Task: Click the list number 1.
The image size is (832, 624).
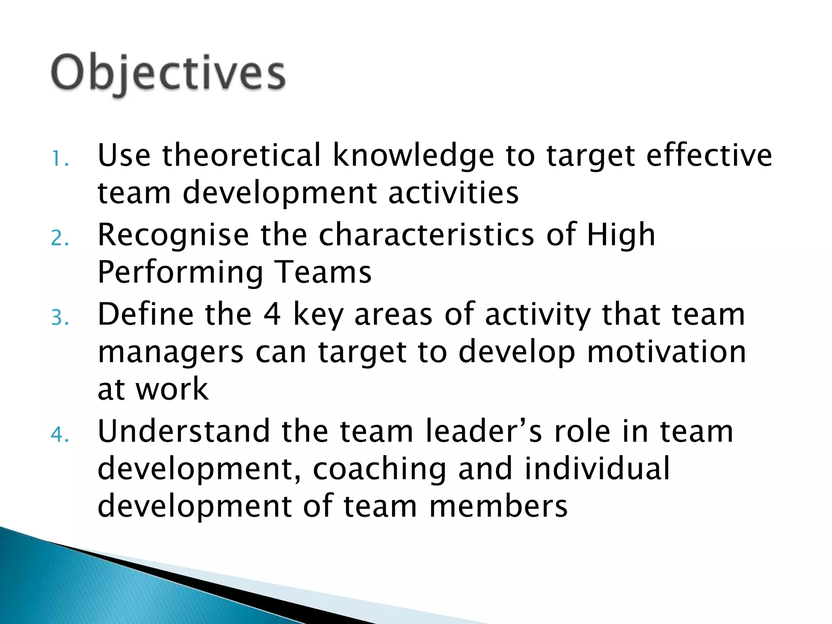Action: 59,159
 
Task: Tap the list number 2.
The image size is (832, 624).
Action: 59,238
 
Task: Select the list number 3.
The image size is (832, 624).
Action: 59,318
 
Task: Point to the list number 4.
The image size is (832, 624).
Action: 59,435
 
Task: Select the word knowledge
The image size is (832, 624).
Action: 413,156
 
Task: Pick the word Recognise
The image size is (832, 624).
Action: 173,235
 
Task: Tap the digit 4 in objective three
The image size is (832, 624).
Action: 272,314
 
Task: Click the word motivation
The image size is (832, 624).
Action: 666,351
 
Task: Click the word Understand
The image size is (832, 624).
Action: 184,431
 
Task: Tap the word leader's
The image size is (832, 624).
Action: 483,431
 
